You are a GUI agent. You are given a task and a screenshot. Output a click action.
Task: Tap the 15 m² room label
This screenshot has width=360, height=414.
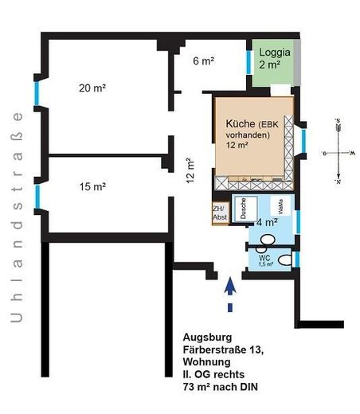click(93, 187)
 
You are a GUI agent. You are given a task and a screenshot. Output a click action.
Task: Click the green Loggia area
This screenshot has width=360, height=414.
click(275, 62)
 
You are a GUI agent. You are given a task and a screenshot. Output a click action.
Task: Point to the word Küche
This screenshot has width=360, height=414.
click(241, 124)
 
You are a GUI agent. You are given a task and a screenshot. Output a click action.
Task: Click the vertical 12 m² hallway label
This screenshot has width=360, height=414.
click(190, 170)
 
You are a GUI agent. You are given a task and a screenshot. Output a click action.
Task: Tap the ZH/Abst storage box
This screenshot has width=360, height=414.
click(219, 213)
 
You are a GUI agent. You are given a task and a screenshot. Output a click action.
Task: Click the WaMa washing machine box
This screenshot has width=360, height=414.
click(280, 206)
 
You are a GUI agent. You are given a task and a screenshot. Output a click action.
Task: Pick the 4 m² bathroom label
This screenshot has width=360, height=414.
click(265, 224)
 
